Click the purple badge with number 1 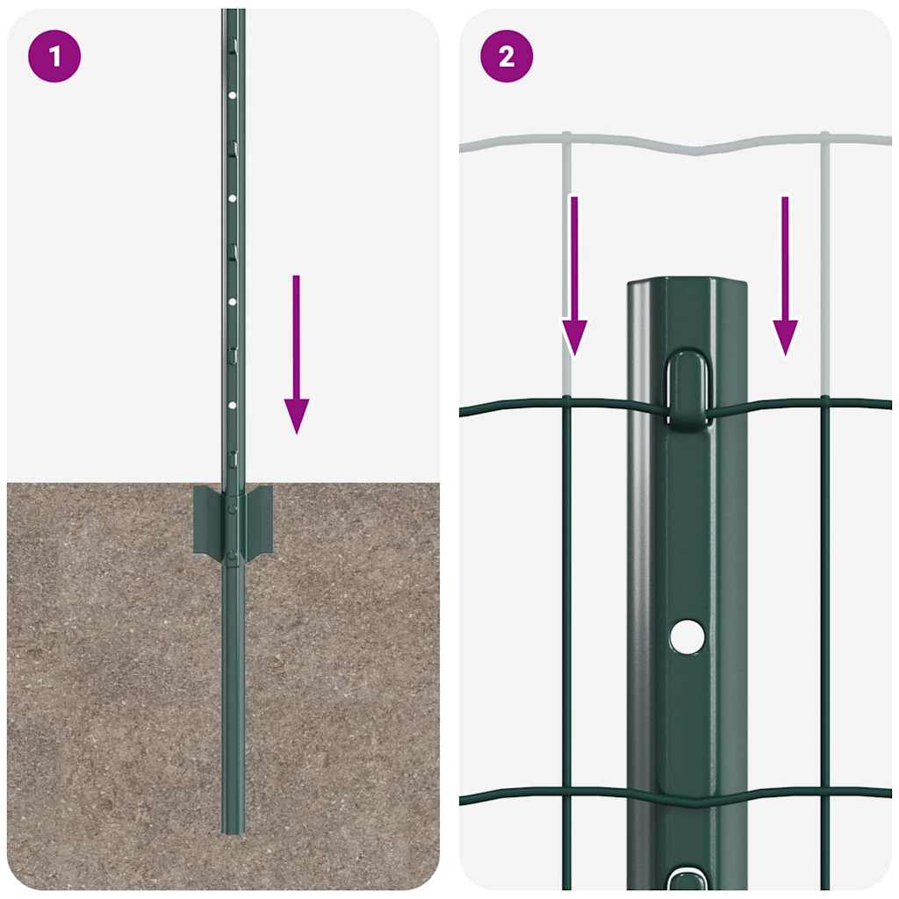tap(54, 56)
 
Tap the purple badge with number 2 tap(507, 56)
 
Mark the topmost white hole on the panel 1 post tap(233, 95)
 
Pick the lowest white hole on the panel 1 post tap(233, 405)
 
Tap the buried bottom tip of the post tap(233, 825)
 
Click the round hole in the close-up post tap(687, 636)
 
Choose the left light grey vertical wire tap(567, 263)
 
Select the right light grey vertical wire tap(825, 263)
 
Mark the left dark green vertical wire tap(567, 615)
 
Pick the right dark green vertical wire tap(825, 615)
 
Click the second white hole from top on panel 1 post tap(233, 198)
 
